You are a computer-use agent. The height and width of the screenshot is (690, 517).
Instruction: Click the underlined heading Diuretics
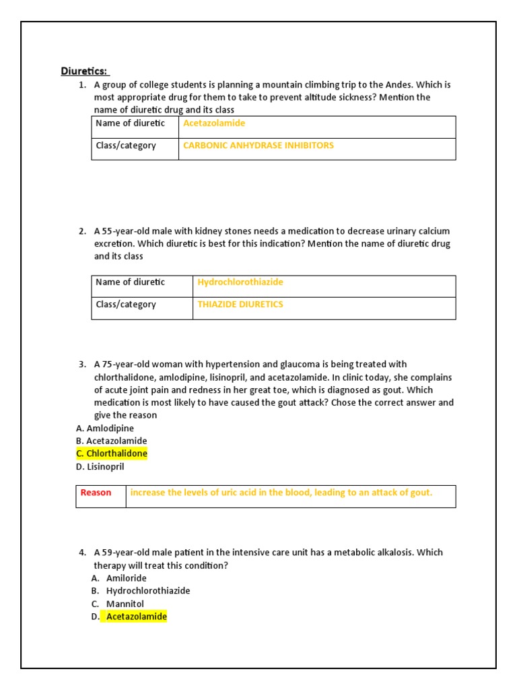point(85,71)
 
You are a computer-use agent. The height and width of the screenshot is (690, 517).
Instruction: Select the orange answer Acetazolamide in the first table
point(214,123)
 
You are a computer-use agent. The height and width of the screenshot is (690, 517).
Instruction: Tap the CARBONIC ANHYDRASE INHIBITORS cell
point(258,146)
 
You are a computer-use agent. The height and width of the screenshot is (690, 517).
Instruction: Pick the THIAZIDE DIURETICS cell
point(240,305)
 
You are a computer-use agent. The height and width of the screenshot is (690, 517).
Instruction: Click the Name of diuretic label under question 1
point(130,123)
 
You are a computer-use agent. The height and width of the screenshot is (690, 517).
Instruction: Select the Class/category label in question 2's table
point(126,305)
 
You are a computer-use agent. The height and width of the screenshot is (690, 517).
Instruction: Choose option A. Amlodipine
point(105,429)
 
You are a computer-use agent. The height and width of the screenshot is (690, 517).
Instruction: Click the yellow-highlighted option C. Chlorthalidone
point(112,453)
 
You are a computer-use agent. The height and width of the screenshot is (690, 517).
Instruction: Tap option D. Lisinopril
point(100,466)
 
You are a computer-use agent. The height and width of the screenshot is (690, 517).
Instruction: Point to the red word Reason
point(96,493)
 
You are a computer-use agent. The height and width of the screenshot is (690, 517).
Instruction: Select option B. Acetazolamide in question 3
point(111,441)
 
